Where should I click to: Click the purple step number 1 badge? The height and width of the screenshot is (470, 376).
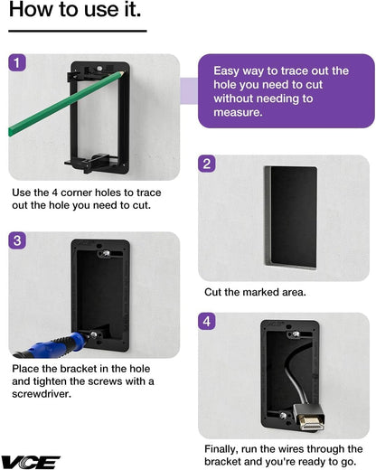pyautogui.click(x=17, y=62)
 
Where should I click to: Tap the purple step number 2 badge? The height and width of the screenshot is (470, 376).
pyautogui.click(x=207, y=164)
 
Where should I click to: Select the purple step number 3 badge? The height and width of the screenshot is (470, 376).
pyautogui.click(x=17, y=240)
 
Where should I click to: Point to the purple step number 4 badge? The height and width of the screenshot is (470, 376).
pyautogui.click(x=207, y=321)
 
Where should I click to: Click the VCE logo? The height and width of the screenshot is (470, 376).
pyautogui.click(x=31, y=462)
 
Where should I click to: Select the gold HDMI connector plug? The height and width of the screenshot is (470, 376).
pyautogui.click(x=310, y=423)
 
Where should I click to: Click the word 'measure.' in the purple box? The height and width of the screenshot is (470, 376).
pyautogui.click(x=238, y=112)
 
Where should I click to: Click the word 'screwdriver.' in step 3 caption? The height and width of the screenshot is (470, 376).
pyautogui.click(x=42, y=394)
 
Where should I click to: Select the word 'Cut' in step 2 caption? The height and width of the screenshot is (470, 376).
pyautogui.click(x=212, y=292)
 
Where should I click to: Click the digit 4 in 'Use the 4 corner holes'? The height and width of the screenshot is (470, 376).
pyautogui.click(x=55, y=193)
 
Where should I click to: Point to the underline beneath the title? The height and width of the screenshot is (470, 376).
pyautogui.click(x=78, y=31)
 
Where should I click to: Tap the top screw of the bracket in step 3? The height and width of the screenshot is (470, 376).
pyautogui.click(x=106, y=253)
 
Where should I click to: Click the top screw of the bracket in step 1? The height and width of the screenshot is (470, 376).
pyautogui.click(x=99, y=69)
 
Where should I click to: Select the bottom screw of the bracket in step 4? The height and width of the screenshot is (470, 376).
pyautogui.click(x=283, y=416)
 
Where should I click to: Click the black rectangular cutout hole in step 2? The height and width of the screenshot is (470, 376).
pyautogui.click(x=291, y=217)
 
